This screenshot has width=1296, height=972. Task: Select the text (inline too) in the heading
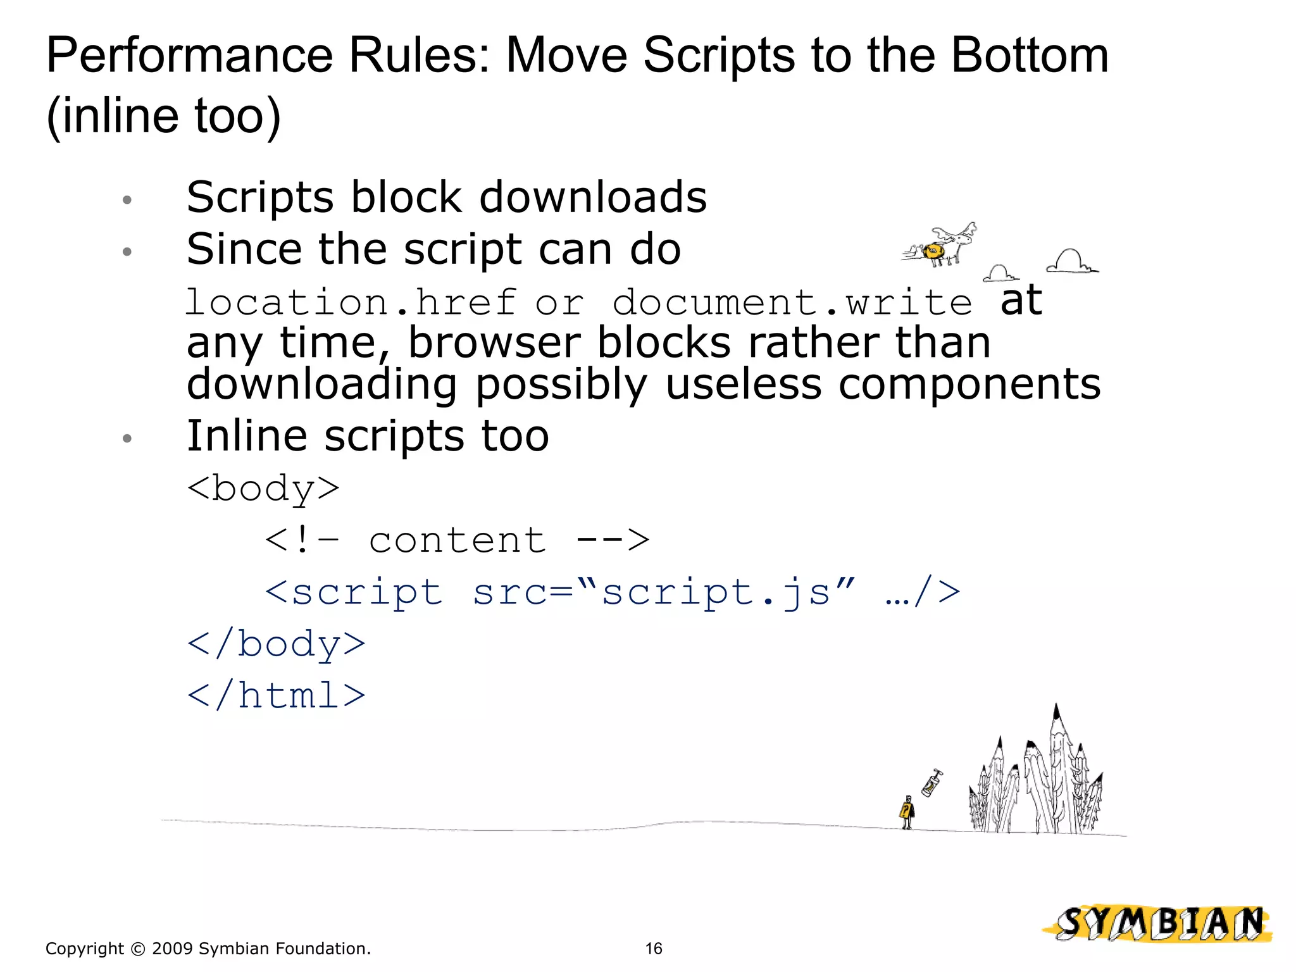(163, 116)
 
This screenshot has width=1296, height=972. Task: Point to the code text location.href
(351, 302)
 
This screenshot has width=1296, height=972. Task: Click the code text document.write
(792, 302)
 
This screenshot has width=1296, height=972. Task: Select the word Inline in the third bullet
(247, 436)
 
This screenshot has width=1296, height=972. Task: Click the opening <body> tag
(263, 489)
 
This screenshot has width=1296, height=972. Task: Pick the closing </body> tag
(277, 644)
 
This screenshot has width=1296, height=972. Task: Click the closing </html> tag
(277, 696)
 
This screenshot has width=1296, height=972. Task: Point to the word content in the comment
(457, 541)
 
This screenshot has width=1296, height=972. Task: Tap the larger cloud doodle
(1071, 261)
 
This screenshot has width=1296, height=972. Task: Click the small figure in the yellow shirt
(907, 812)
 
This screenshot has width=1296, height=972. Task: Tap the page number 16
(653, 948)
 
